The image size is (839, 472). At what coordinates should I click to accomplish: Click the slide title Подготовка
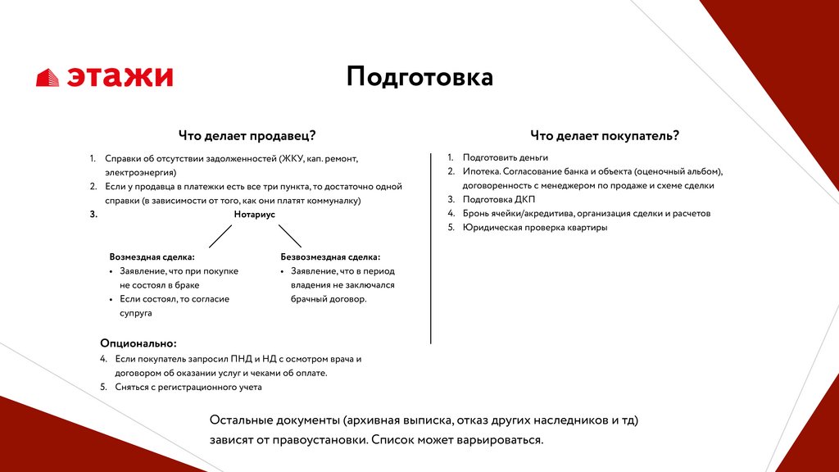419,77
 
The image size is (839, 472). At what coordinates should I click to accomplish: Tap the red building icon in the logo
48,78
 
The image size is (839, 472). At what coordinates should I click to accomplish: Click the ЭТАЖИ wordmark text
120,77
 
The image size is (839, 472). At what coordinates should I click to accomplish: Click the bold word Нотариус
254,215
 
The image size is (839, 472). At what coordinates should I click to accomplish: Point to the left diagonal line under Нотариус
220,236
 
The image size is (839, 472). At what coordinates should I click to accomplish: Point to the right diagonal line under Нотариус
290,236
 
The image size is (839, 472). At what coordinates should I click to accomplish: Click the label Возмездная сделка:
152,256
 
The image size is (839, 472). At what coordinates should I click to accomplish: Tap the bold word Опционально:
138,343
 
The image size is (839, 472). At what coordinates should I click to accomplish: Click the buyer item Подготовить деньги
505,157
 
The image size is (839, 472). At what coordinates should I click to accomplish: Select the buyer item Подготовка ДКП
497,199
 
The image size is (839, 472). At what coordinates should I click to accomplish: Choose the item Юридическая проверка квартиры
534,227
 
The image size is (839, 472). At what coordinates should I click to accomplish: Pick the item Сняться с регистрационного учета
188,387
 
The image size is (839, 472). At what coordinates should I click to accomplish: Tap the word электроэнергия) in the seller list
140,173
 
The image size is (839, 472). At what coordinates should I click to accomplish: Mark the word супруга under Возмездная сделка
136,313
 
